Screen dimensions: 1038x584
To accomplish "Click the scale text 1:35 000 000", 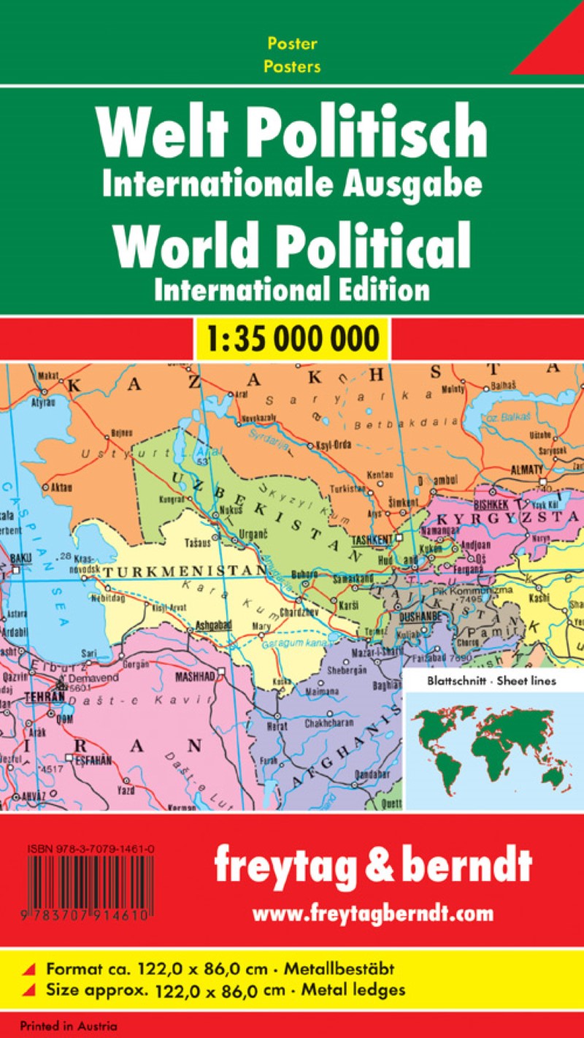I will click(x=292, y=338).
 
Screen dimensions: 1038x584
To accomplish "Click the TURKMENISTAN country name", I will click(x=182, y=570).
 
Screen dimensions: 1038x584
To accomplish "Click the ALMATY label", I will click(x=527, y=469).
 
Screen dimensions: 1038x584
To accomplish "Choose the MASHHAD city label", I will click(x=195, y=677).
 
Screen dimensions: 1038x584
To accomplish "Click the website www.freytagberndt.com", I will click(x=372, y=913).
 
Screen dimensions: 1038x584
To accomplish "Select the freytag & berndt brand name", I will click(x=372, y=868).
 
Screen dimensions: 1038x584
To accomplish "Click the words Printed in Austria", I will click(x=69, y=1026).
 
